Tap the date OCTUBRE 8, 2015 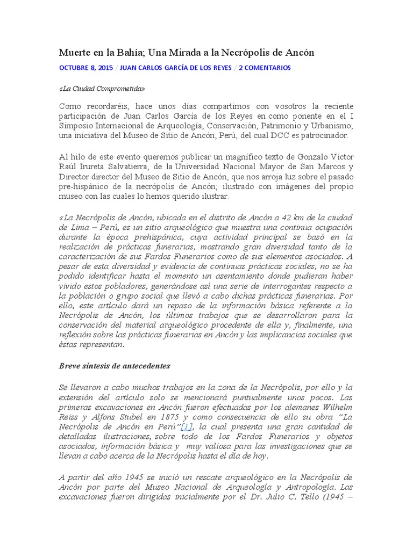point(86,68)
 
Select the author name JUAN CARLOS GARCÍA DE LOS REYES point(176,68)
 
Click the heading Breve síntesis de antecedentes point(115,366)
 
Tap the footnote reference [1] point(187,426)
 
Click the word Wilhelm point(337,407)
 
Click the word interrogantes point(301,285)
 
